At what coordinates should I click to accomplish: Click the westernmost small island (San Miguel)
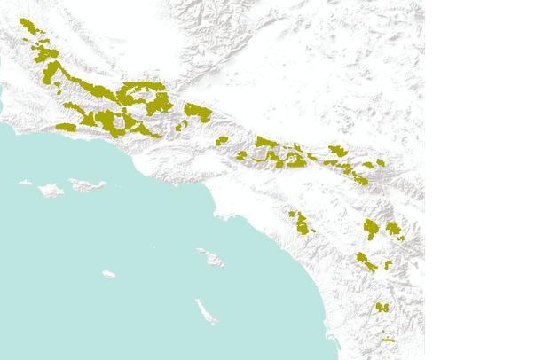click(25, 184)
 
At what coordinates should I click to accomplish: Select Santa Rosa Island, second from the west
click(51, 190)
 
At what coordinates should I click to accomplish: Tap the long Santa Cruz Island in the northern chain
click(88, 185)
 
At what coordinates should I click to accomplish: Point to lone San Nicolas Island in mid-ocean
click(108, 274)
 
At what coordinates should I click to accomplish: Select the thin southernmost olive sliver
click(388, 340)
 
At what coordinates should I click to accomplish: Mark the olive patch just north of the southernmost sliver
click(382, 308)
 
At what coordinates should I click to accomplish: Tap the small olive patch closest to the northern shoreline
click(66, 128)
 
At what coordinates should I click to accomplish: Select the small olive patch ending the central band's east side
click(381, 163)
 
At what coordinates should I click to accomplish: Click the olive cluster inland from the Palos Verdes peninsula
click(301, 223)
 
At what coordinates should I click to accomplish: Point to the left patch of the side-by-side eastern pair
click(372, 230)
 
